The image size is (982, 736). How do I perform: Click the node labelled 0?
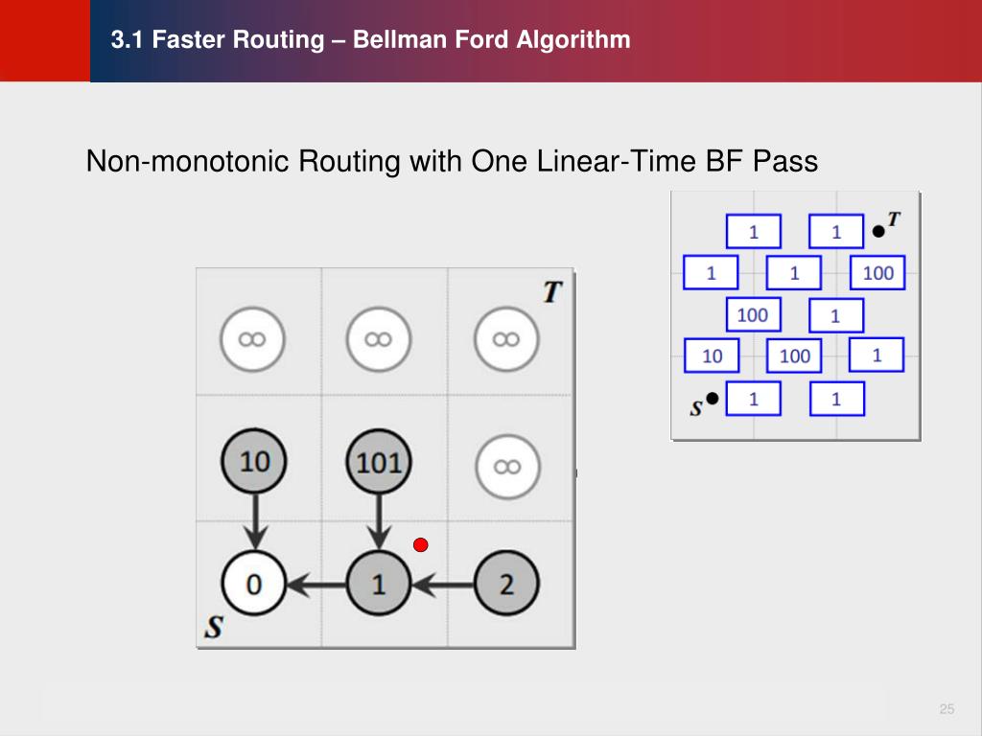coord(254,583)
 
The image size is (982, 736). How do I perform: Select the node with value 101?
coord(379,462)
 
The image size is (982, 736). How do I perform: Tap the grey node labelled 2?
coord(506,583)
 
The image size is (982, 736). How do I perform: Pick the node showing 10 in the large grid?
coord(254,462)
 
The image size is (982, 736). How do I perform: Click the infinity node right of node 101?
coord(506,466)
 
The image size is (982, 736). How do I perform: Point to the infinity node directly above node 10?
coord(254,339)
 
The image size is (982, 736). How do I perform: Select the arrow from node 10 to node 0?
coord(254,521)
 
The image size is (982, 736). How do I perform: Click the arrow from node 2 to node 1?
coord(442,583)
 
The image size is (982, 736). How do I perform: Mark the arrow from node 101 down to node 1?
coord(380,522)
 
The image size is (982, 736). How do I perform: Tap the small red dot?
coord(420,545)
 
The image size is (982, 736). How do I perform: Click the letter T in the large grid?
coord(551,291)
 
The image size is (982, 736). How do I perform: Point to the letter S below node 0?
coord(215,628)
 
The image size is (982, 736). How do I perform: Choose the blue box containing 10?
coord(712,356)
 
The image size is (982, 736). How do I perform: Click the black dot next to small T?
coord(877,230)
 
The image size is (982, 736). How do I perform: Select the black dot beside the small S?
coord(712,399)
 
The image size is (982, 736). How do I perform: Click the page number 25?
coord(947,709)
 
